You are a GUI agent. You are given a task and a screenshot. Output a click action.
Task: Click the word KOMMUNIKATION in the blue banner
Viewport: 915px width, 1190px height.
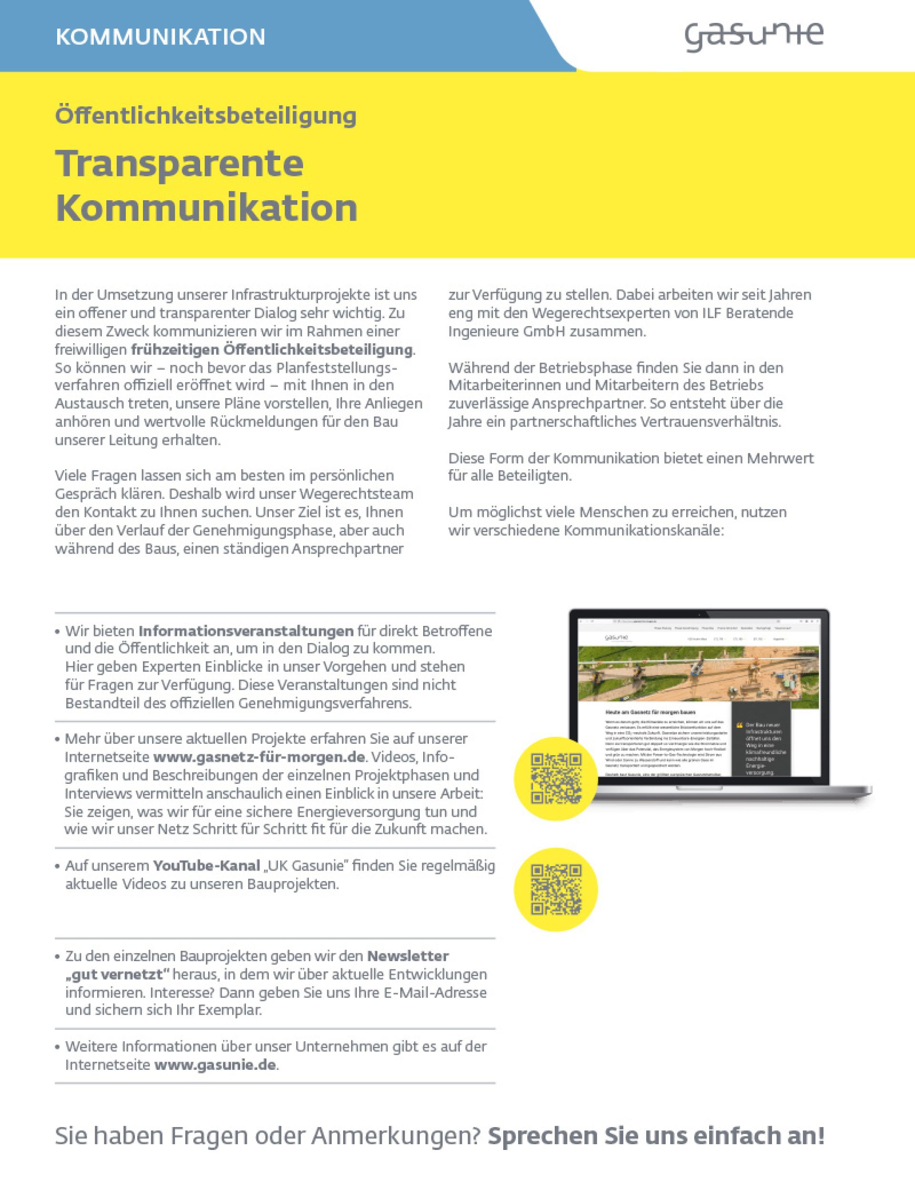click(160, 37)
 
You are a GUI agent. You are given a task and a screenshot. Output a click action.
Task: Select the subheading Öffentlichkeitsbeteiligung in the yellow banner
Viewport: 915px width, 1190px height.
click(206, 115)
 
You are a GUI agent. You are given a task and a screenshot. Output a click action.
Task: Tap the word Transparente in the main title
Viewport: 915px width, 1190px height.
click(179, 163)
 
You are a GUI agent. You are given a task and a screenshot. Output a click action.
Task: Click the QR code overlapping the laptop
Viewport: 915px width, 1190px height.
click(556, 779)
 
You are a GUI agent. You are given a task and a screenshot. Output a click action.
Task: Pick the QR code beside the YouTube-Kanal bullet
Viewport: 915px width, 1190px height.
click(556, 890)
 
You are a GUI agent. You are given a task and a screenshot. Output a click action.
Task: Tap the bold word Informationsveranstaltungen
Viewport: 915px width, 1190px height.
click(246, 631)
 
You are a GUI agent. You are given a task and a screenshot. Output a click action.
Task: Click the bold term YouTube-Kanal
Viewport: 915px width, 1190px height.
click(206, 866)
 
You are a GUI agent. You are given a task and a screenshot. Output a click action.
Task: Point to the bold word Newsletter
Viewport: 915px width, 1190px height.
click(408, 956)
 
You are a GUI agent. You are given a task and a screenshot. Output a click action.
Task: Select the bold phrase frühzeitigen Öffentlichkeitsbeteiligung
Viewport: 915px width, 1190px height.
click(272, 349)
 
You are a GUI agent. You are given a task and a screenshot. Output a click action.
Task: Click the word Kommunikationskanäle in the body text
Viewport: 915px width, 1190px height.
click(643, 530)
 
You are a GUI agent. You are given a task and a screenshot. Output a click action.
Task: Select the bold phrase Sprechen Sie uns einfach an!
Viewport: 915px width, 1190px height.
click(656, 1136)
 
